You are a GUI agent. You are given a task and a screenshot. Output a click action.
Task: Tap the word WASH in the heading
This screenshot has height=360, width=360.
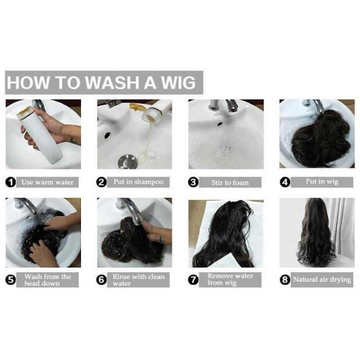point(113,83)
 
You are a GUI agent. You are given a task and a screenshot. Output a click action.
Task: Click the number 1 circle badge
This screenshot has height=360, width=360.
point(11,182)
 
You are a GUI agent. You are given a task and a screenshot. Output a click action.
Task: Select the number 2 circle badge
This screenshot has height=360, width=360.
point(101,182)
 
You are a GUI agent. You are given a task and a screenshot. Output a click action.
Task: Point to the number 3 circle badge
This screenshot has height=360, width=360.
point(193,182)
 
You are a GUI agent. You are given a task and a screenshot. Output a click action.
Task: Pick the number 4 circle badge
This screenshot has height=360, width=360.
point(285,182)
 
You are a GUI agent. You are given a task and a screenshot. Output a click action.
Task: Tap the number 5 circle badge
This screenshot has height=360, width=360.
point(11,280)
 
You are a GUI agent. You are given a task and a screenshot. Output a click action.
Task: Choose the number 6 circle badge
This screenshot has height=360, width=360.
point(101,280)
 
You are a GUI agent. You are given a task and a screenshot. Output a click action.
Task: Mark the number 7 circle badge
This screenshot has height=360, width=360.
point(193,280)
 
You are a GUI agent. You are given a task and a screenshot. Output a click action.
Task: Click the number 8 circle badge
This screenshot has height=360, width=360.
point(285,280)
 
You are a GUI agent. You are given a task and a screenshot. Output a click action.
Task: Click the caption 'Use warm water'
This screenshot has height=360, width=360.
point(47,182)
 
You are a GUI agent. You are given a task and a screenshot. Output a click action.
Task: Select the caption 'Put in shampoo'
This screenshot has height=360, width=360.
point(138,182)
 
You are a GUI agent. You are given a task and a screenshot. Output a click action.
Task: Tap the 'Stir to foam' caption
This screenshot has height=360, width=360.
point(230,182)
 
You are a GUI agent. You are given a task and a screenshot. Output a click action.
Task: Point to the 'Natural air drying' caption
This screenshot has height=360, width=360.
point(322,280)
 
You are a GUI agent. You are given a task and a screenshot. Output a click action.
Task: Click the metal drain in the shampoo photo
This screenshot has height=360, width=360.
point(128,161)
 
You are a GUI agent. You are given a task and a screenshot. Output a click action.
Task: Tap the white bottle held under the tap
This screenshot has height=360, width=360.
point(39,135)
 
